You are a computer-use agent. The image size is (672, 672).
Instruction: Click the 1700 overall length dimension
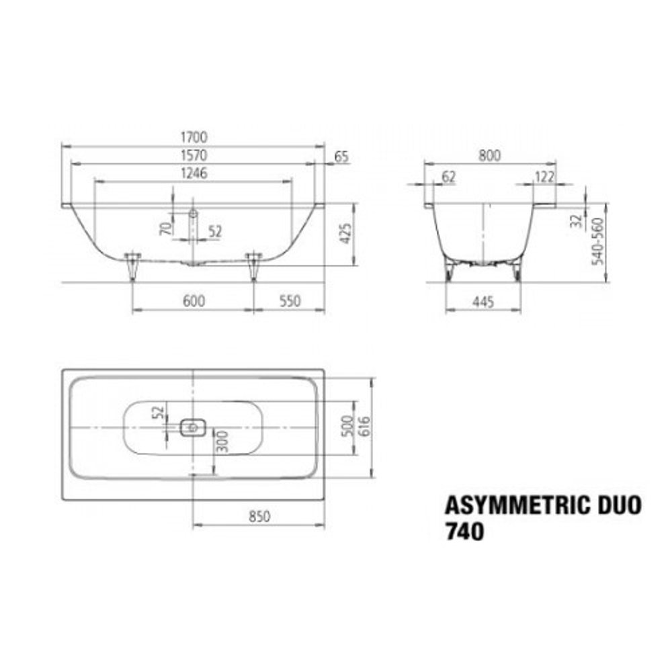pos(193,137)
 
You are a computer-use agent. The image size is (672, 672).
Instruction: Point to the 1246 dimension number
pos(193,173)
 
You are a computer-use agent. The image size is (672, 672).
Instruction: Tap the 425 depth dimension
pos(345,233)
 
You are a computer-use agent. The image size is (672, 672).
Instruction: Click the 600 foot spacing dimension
pos(193,302)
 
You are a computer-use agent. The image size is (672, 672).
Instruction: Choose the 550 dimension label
pos(289,302)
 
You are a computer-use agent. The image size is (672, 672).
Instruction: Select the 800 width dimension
pos(490,156)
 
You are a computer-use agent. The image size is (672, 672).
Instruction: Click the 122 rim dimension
pos(544,177)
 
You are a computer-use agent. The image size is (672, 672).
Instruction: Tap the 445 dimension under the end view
pos(483,302)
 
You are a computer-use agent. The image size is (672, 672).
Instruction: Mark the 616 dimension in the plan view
pos(364,427)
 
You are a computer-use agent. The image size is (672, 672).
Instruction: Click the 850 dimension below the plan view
pos(259,517)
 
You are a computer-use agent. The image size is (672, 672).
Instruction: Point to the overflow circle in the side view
pos(193,212)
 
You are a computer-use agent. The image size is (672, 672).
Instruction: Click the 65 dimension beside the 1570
pos(341,157)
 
